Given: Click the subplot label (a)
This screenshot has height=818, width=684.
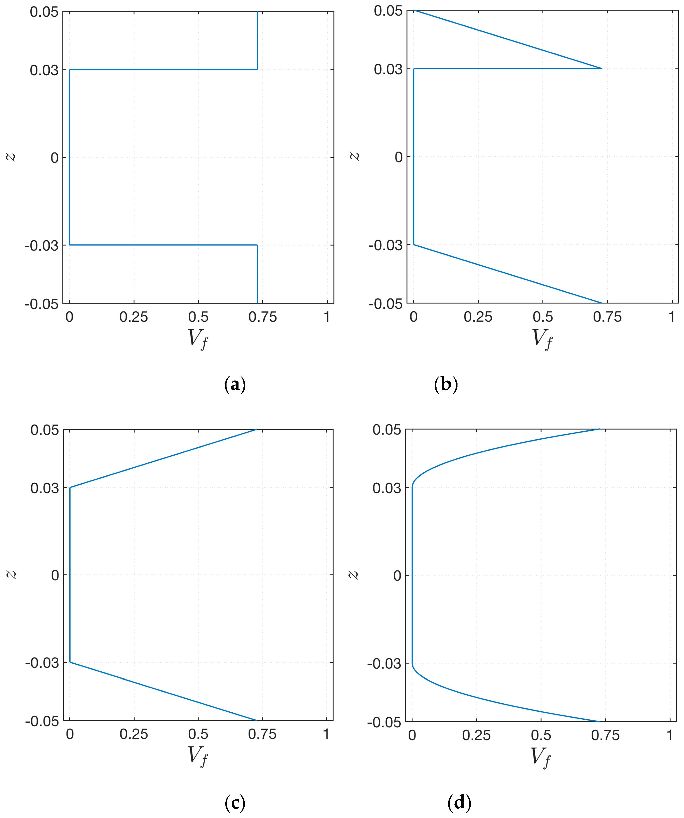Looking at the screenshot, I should pos(235,385).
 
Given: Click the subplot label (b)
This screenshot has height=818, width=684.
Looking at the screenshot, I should pos(446,385).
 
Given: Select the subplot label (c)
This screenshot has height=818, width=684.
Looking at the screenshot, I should pos(235,802).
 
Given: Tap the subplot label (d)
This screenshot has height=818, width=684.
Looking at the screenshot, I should pos(459,802).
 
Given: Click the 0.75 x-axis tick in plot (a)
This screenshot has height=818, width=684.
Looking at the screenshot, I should pos(263,317).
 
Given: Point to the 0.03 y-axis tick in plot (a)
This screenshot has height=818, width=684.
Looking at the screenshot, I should pos(44,71).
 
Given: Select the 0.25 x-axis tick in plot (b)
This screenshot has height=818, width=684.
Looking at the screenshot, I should pos(478,317).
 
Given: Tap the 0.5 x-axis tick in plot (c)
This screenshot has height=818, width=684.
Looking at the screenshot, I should pos(198,734).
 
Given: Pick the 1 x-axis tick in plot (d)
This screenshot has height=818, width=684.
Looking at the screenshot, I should pos(670,735).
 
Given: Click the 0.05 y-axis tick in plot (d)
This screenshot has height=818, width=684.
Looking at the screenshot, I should pos(387,430).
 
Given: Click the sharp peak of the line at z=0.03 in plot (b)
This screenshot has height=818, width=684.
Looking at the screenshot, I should pos(601,68).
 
